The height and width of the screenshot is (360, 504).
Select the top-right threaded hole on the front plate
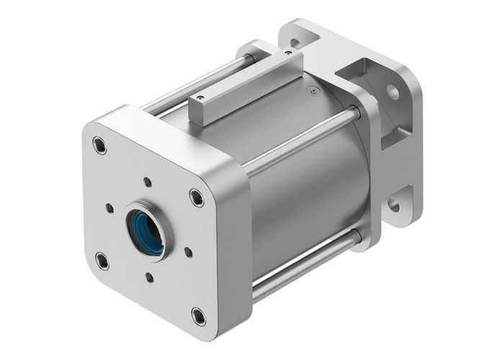(196, 196)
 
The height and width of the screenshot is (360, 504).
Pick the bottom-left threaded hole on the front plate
(102, 260)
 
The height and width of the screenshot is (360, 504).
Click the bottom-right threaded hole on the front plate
(198, 315)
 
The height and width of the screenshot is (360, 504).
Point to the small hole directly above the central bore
(147, 181)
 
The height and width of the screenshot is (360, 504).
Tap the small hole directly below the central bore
(149, 276)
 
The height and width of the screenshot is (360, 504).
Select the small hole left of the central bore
(109, 208)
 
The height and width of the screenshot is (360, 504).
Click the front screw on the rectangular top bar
(199, 96)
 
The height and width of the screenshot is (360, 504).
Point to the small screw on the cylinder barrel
(312, 90)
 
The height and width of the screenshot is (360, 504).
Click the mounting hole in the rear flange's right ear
(393, 93)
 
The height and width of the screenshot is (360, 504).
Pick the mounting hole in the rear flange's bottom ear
(393, 204)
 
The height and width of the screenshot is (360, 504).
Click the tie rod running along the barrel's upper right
(302, 140)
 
